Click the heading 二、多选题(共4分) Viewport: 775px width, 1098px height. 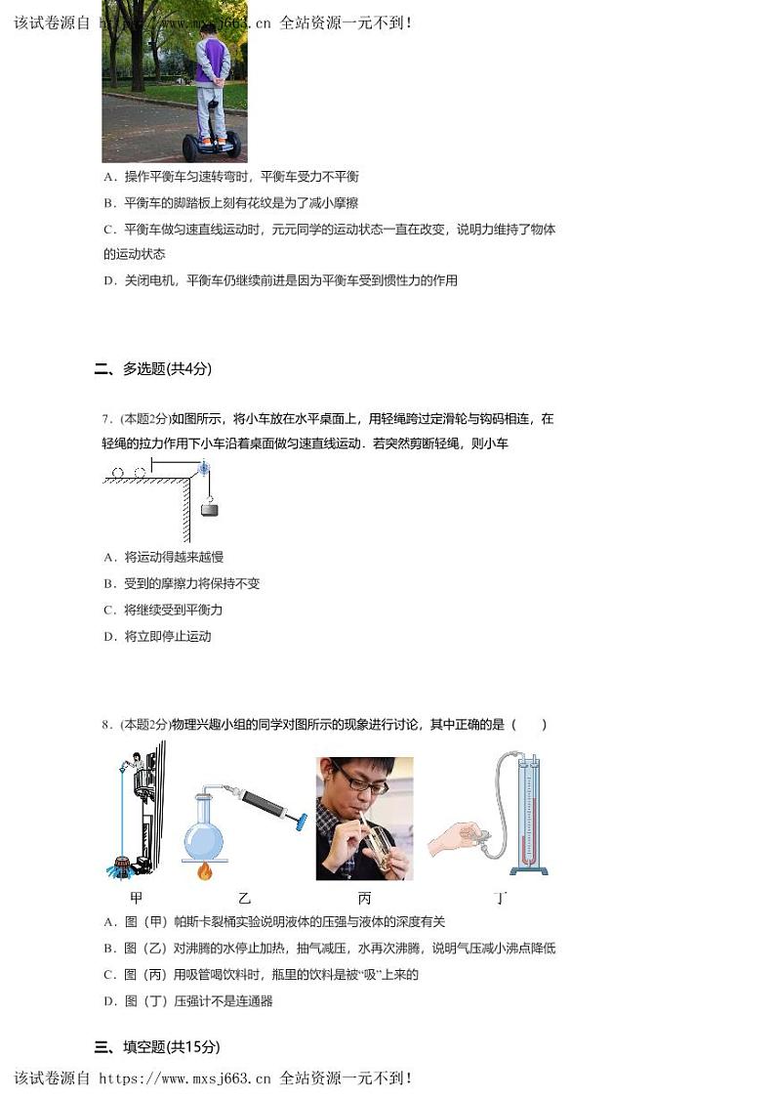click(x=152, y=368)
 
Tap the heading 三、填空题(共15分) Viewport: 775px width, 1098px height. click(x=156, y=1046)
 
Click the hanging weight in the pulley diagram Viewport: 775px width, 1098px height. click(x=209, y=508)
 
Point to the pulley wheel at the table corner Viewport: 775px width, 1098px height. click(x=204, y=470)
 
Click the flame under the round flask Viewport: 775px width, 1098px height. click(x=205, y=870)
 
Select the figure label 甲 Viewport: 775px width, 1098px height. click(x=136, y=898)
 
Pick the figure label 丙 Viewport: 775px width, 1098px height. click(x=364, y=898)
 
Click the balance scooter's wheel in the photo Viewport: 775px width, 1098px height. click(x=191, y=148)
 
